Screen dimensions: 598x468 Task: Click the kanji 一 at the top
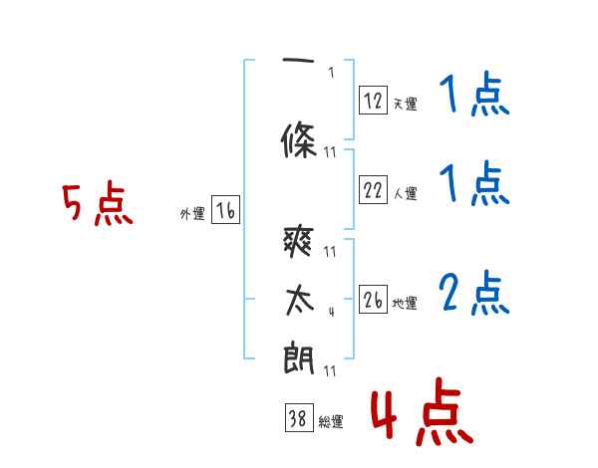click(x=298, y=60)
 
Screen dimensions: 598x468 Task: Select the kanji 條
click(x=299, y=139)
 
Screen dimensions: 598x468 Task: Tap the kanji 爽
click(x=299, y=241)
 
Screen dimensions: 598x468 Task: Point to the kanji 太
click(x=300, y=301)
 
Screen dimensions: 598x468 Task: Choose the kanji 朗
click(x=299, y=357)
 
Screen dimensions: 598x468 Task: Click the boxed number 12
click(x=373, y=100)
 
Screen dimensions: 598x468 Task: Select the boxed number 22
click(x=373, y=189)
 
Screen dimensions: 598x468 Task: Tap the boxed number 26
click(x=373, y=299)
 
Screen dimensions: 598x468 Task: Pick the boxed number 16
click(x=225, y=210)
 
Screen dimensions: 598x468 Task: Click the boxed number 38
click(x=299, y=417)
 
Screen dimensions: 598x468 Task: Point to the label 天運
click(x=406, y=104)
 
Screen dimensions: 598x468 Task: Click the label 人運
click(x=406, y=193)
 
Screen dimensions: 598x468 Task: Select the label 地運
click(x=405, y=303)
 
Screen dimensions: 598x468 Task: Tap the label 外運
click(x=192, y=214)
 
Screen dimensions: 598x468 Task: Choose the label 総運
click(x=331, y=421)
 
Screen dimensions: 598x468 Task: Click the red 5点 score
click(x=98, y=203)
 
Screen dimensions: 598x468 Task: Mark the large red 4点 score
click(x=423, y=411)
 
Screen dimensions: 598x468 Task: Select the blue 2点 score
click(x=474, y=293)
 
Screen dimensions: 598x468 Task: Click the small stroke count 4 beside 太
click(x=332, y=312)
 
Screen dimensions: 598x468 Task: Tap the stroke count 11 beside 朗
click(x=330, y=370)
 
